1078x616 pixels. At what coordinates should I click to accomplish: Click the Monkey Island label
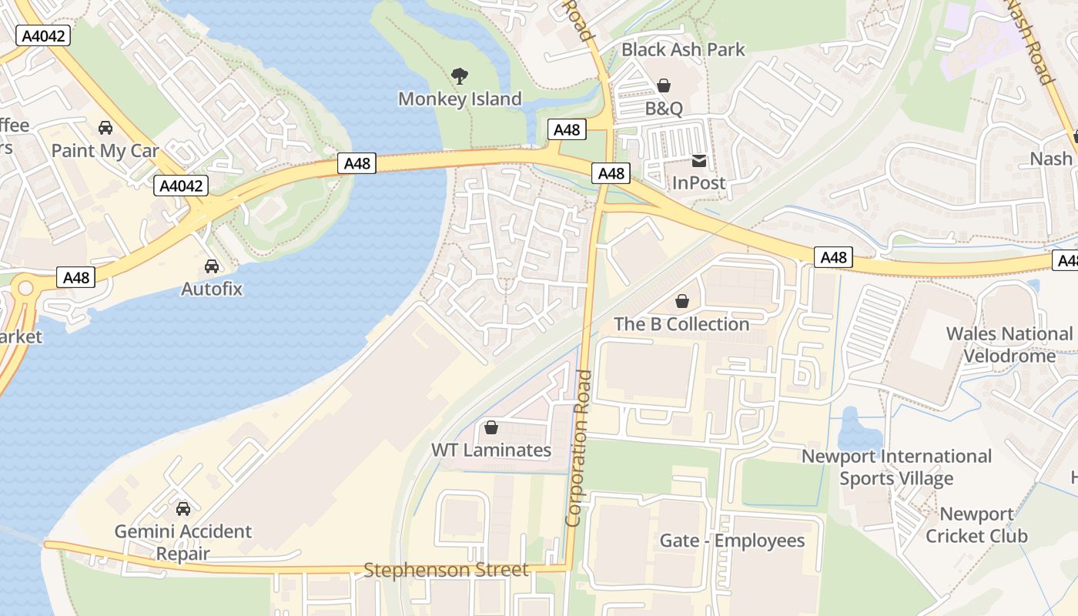pyautogui.click(x=460, y=99)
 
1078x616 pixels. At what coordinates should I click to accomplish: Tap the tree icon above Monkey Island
pyautogui.click(x=460, y=75)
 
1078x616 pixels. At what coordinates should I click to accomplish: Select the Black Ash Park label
pyautogui.click(x=683, y=50)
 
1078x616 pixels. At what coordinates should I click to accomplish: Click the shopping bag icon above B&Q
pyautogui.click(x=664, y=85)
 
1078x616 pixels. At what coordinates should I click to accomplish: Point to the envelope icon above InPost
pyautogui.click(x=699, y=161)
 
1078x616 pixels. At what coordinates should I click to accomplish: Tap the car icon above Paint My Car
pyautogui.click(x=105, y=128)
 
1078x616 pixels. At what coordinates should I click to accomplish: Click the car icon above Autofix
pyautogui.click(x=212, y=266)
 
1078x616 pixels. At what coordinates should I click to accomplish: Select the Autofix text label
pyautogui.click(x=212, y=290)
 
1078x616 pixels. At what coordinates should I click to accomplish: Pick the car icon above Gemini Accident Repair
pyautogui.click(x=183, y=509)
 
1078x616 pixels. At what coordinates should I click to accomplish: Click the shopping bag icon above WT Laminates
pyautogui.click(x=491, y=427)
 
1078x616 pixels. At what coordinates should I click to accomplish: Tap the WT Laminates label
pyautogui.click(x=491, y=450)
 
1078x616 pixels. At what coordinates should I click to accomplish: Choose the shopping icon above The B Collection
pyautogui.click(x=681, y=301)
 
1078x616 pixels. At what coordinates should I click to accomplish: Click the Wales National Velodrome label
pyautogui.click(x=1009, y=345)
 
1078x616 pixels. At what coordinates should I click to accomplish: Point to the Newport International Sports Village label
pyautogui.click(x=896, y=467)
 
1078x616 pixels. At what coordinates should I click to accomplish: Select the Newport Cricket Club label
pyautogui.click(x=976, y=525)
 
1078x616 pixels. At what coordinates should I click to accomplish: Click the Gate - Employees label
pyautogui.click(x=732, y=541)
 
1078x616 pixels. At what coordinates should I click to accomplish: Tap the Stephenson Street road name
pyautogui.click(x=446, y=571)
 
